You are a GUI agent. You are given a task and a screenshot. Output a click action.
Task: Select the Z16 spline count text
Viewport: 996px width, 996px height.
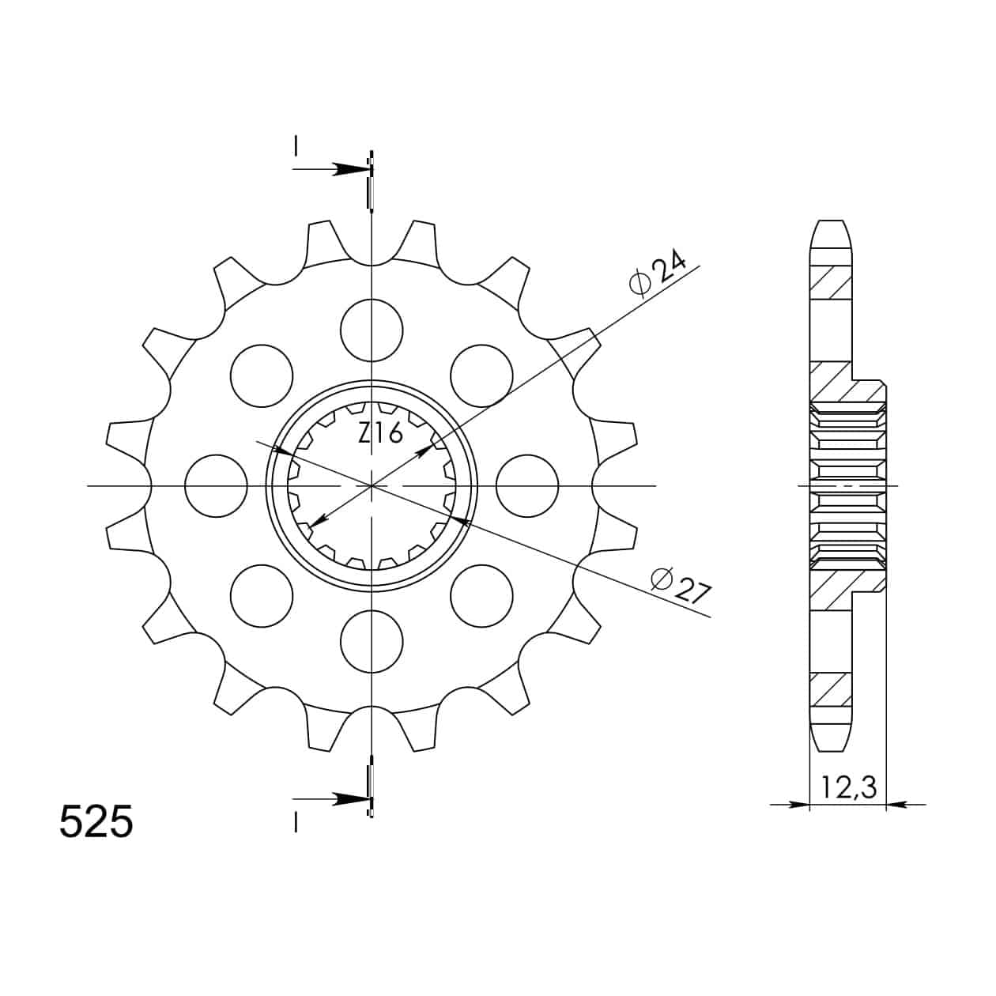381,432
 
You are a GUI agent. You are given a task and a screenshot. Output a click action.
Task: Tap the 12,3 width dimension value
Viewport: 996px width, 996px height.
848,787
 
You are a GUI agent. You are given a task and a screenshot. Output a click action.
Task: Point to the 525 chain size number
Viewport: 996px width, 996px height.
96,821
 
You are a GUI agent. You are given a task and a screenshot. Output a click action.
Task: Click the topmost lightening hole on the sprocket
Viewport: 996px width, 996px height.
372,330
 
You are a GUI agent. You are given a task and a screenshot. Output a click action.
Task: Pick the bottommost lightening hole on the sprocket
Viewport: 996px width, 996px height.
372,641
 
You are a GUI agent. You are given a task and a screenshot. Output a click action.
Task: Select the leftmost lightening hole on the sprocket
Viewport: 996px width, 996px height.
216,486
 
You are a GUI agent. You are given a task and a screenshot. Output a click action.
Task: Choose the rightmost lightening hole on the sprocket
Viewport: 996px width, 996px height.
527,486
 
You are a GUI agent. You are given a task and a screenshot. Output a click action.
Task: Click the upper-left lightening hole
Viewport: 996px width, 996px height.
262,375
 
